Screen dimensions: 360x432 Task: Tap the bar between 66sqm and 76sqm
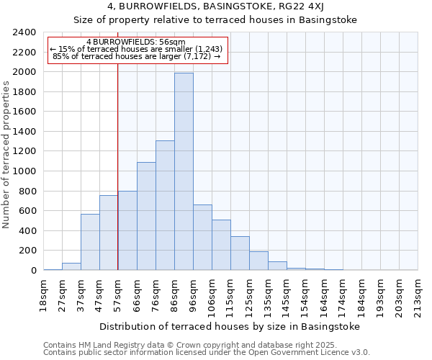(x=146, y=216)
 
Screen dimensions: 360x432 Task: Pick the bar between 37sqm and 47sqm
(x=90, y=242)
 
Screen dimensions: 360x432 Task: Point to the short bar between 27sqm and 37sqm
(x=71, y=266)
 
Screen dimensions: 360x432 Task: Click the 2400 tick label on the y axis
(x=24, y=32)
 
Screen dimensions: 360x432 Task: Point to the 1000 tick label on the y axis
(x=24, y=171)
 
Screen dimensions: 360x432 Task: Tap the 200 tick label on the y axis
(x=27, y=251)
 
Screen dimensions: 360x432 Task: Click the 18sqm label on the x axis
(x=44, y=294)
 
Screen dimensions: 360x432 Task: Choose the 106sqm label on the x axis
(x=212, y=297)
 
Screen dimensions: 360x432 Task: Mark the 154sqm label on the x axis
(x=305, y=297)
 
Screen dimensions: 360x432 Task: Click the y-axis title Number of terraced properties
(x=7, y=154)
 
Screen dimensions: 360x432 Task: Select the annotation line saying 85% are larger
(x=137, y=56)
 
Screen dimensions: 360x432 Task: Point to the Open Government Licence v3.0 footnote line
(x=207, y=352)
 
